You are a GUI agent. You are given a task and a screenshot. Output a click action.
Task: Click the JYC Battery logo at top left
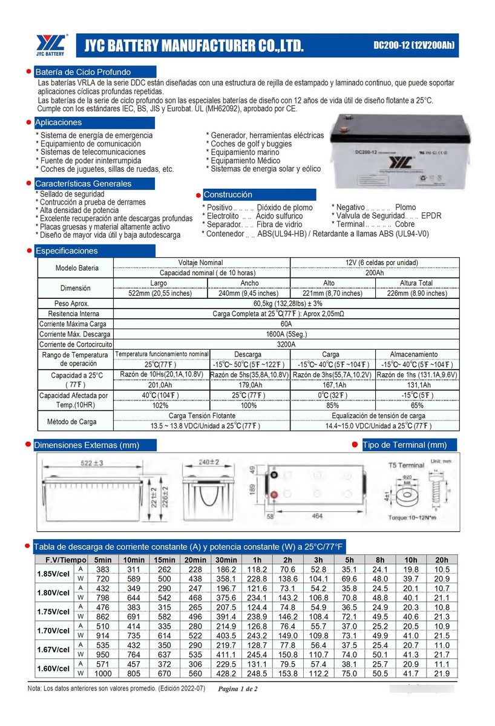click(x=51, y=45)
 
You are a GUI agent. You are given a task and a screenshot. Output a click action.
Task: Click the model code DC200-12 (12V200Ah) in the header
click(x=413, y=46)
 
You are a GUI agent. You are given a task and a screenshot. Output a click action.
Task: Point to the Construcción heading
click(x=228, y=195)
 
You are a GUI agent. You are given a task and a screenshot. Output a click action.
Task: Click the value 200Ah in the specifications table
click(x=375, y=273)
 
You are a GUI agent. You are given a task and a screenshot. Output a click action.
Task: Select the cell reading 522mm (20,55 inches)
click(x=160, y=293)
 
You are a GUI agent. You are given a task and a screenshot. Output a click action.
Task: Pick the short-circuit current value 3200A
click(x=286, y=344)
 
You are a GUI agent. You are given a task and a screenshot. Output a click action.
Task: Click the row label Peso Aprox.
click(x=72, y=303)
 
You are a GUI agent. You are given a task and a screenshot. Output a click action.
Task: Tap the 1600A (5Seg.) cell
click(x=286, y=334)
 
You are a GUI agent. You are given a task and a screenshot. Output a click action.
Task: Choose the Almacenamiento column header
click(x=416, y=354)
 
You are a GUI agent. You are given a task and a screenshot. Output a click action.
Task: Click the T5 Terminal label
click(x=406, y=465)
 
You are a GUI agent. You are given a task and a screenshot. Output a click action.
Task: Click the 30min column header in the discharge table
click(x=226, y=560)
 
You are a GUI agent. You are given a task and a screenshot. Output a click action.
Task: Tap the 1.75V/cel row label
click(x=53, y=611)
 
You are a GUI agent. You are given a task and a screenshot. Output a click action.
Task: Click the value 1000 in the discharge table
click(x=103, y=674)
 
